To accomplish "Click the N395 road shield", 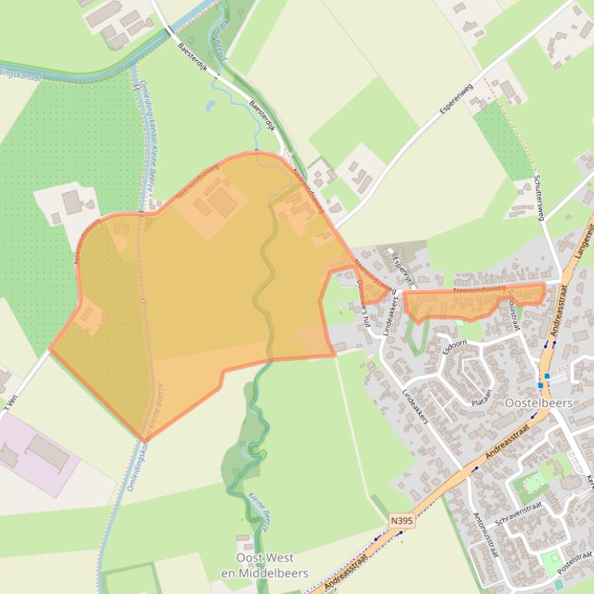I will click(402, 521).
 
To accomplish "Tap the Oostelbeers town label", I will click(538, 403).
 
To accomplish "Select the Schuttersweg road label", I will click(539, 197).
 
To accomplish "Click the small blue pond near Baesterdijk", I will click(210, 106).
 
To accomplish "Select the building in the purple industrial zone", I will click(48, 452).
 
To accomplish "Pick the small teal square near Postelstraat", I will click(559, 585).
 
